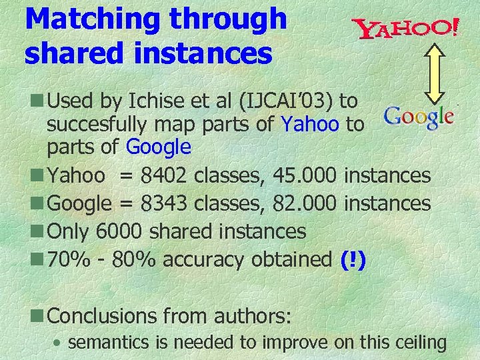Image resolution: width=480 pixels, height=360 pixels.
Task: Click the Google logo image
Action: coord(419,117)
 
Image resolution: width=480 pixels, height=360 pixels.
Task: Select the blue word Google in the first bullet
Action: coord(158,146)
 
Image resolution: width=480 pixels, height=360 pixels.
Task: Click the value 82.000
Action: coord(306,203)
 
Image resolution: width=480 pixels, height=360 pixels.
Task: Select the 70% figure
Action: coord(67,259)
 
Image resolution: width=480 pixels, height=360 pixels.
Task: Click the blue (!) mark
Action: coord(353,259)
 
